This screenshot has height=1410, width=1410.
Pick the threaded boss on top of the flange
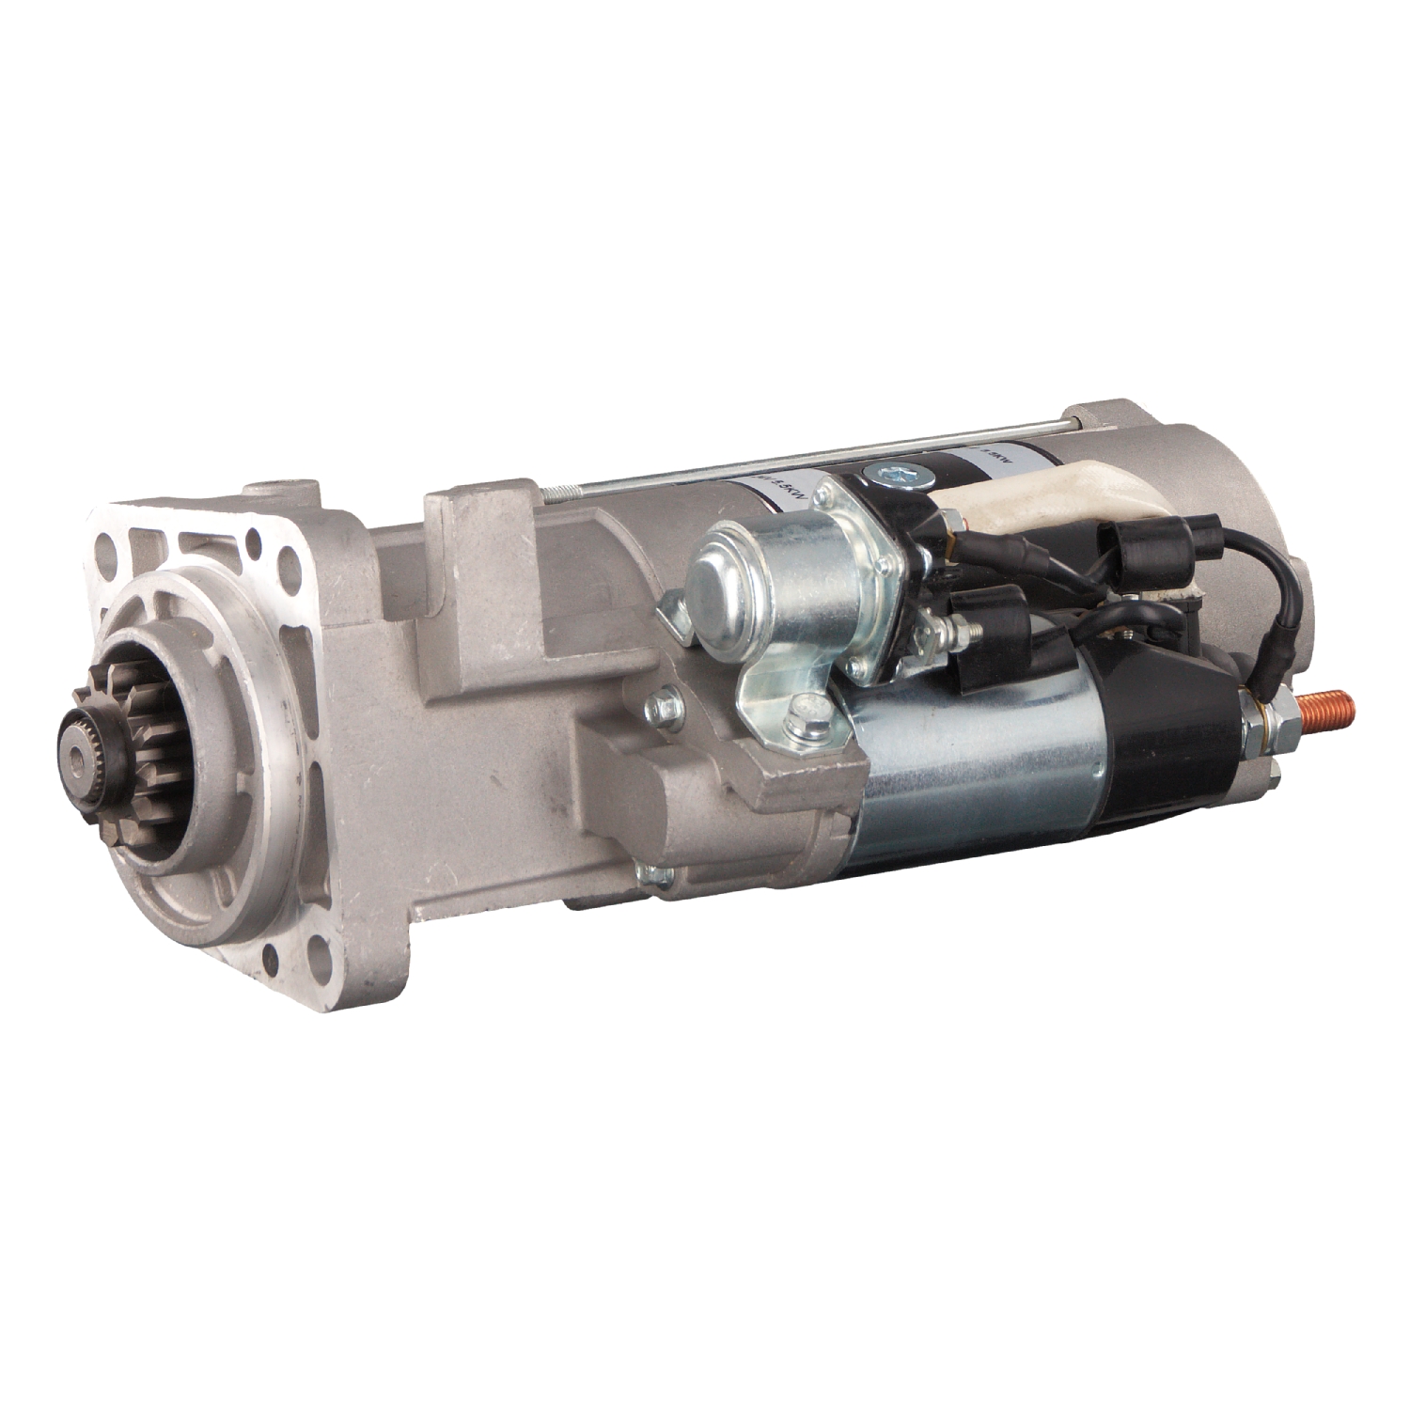coord(281,496)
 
